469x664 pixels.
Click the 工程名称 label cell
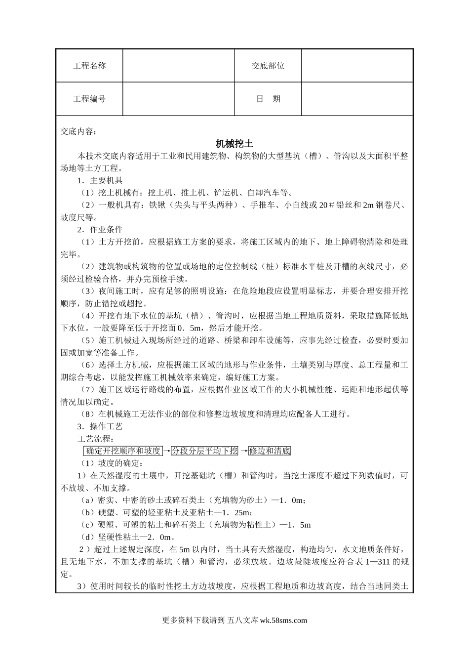coord(89,66)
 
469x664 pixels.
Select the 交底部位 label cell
coord(268,66)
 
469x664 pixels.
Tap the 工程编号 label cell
coord(89,99)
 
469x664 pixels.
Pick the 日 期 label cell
coord(268,99)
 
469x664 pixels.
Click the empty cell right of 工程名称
coord(178,66)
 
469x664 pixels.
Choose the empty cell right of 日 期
coord(357,99)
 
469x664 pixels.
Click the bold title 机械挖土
coord(234,144)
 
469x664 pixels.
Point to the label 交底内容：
coord(79,131)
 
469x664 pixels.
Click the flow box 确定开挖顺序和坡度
coord(123,451)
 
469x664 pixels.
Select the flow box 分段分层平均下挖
coord(204,451)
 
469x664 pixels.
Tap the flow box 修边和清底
coord(270,451)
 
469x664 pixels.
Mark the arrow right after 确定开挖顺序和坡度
coord(167,451)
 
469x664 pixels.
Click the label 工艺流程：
coord(97,439)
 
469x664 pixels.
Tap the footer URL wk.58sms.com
coord(283,621)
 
